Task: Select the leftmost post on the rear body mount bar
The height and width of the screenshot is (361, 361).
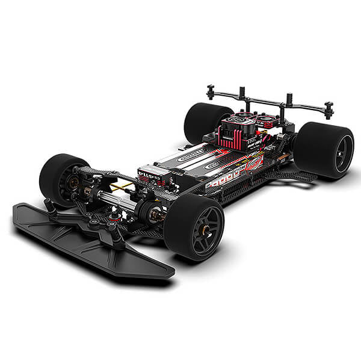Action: [x=211, y=91]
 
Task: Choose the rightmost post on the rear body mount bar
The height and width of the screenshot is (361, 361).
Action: [x=329, y=110]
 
